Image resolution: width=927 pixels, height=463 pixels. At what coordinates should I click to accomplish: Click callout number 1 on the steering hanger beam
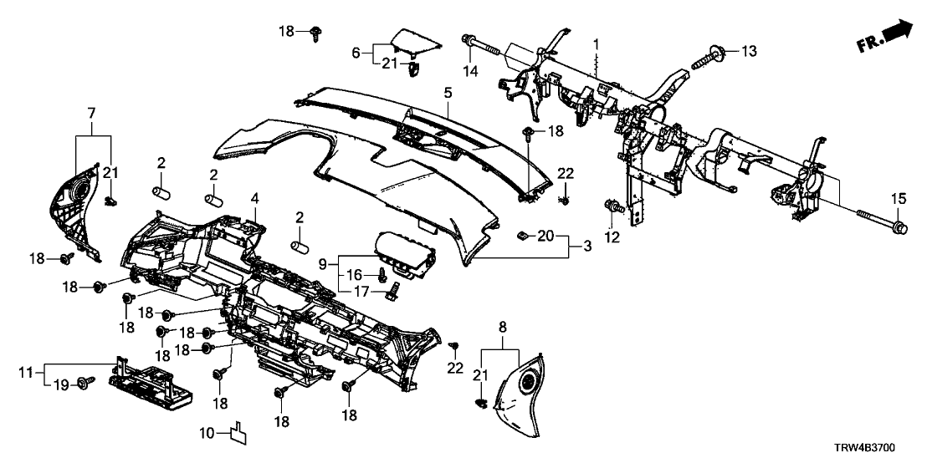pyautogui.click(x=597, y=43)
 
